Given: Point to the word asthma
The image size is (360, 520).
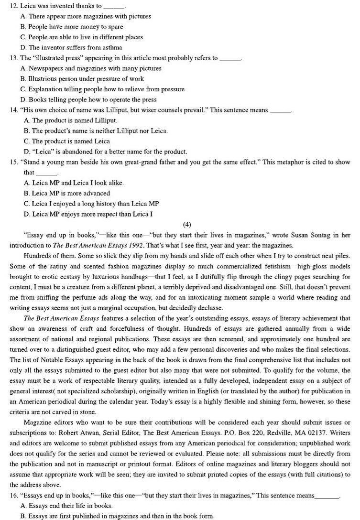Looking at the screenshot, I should point(111,48).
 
